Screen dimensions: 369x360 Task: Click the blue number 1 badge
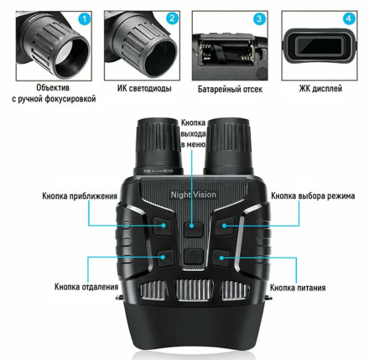85,19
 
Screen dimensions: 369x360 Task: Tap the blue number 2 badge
172,18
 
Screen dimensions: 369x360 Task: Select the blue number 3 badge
259,19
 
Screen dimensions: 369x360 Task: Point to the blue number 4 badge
349,18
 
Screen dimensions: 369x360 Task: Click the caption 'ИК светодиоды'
144,88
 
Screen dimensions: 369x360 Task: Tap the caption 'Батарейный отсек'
230,89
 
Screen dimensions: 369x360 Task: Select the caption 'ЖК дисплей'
320,89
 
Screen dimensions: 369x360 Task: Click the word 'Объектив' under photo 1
53,87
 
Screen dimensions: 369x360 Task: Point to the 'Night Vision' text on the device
194,195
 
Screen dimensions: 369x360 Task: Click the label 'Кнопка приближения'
80,196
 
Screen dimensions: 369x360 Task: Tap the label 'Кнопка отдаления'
86,287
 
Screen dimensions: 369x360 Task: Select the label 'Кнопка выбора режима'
313,196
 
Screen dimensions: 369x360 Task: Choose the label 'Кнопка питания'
298,288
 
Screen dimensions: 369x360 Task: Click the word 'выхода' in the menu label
193,133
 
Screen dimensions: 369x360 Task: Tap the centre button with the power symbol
193,256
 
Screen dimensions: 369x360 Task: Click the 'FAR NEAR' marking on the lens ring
159,171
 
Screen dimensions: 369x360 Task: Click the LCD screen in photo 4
320,46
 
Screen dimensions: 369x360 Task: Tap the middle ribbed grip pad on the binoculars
194,290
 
